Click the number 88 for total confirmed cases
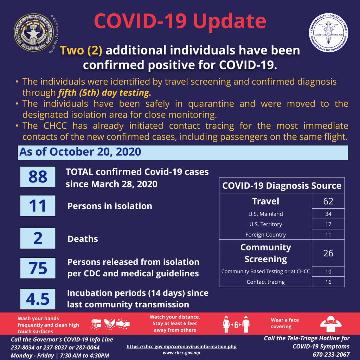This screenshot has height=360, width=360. tap(38, 176)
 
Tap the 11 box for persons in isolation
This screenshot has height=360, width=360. tap(38, 206)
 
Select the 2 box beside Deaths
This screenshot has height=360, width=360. tap(38, 238)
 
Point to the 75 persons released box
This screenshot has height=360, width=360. tap(38, 268)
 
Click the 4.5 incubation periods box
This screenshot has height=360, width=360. tap(38, 298)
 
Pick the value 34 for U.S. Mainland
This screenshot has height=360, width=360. tap(328, 214)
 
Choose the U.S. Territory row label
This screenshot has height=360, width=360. tap(265, 224)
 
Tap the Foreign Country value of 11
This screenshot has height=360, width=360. tap(328, 234)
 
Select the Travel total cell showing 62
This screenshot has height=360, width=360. tap(328, 201)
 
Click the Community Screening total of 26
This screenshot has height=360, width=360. tap(328, 253)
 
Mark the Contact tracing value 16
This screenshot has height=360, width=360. tap(328, 282)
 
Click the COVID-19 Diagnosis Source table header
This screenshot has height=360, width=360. tap(282, 186)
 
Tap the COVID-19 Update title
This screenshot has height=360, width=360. tap(180, 21)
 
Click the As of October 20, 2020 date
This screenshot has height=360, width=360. tap(80, 152)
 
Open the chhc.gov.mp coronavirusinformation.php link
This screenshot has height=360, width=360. tap(181, 347)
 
